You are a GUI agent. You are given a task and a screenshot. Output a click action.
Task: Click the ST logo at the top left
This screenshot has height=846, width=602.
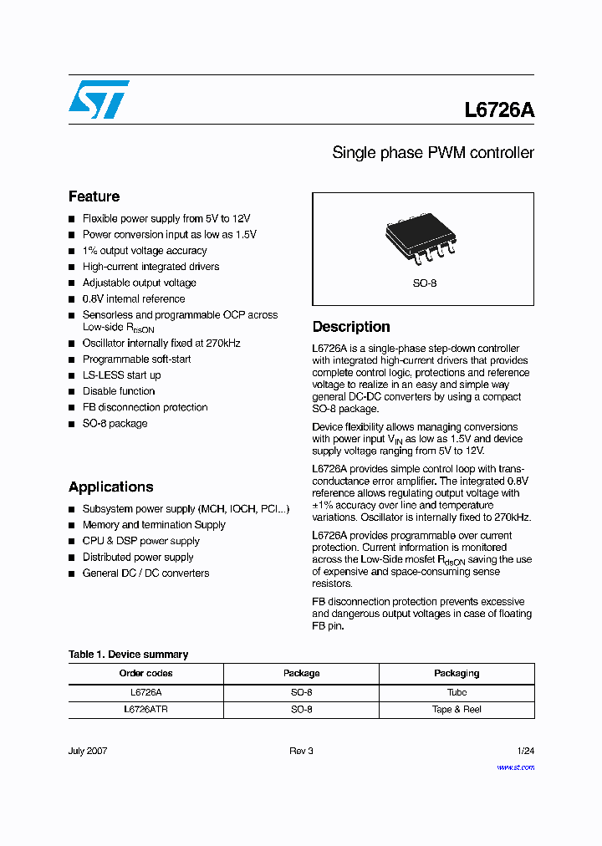(x=99, y=99)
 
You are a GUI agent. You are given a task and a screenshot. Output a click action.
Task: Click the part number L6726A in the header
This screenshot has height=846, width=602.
(x=499, y=110)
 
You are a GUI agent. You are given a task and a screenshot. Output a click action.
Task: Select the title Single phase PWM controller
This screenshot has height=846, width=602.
(x=432, y=153)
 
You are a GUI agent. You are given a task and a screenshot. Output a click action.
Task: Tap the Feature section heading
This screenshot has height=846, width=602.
(x=94, y=196)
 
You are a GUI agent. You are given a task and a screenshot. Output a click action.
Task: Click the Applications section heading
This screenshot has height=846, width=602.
(x=110, y=487)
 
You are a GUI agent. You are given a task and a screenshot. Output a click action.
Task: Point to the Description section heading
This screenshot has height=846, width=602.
(x=351, y=327)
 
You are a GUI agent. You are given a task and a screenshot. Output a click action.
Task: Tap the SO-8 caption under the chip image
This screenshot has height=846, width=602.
(x=424, y=283)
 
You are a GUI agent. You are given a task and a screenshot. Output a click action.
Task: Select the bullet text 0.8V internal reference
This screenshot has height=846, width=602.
(x=134, y=298)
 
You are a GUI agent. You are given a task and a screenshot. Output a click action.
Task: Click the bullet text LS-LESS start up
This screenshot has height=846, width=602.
(x=121, y=375)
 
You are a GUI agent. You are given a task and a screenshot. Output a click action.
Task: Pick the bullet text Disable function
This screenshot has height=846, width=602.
(x=119, y=391)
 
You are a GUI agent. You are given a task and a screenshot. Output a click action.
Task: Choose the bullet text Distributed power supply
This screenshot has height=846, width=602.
(x=138, y=558)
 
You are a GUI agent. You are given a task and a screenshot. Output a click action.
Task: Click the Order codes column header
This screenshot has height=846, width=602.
(x=145, y=673)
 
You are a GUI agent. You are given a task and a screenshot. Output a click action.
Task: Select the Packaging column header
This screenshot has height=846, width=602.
(x=457, y=673)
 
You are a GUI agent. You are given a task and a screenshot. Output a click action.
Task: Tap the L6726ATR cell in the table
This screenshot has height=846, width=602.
(x=145, y=709)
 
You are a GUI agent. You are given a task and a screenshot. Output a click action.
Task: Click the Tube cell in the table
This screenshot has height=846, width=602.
(x=457, y=692)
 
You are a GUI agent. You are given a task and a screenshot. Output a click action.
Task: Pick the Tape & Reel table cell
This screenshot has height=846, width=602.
(x=457, y=709)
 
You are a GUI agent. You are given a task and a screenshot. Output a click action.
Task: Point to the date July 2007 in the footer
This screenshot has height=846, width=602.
(x=88, y=751)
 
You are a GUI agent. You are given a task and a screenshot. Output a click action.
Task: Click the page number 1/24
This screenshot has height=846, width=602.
(x=525, y=751)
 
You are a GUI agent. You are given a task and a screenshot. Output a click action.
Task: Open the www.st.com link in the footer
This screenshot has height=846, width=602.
(x=515, y=767)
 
